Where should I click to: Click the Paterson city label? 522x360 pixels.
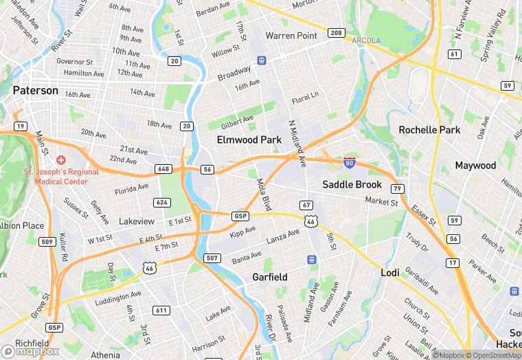coord(35,90)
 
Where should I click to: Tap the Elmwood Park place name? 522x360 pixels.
coord(249,139)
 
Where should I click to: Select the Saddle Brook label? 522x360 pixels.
coord(352,184)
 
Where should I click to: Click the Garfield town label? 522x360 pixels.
coord(269,277)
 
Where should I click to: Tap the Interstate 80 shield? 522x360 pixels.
coord(350,162)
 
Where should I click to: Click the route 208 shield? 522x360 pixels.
coord(336,33)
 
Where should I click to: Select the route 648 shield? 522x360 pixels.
coord(163,168)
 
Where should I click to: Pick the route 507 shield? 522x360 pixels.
coord(212,258)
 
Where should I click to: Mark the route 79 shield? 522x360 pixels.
coord(397,188)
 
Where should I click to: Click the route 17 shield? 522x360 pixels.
coord(452,263)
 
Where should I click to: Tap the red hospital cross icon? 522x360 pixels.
coord(61,159)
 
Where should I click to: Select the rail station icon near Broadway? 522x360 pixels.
coord(262,60)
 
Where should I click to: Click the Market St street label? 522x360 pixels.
coord(381,202)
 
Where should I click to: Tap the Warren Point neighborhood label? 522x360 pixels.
coord(291,36)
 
